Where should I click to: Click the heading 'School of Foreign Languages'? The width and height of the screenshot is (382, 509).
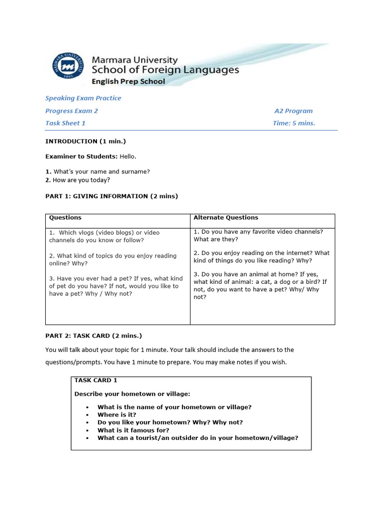point(165,70)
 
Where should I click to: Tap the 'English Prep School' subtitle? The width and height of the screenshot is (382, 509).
point(128,82)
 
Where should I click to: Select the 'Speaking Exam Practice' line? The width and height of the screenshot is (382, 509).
point(83,98)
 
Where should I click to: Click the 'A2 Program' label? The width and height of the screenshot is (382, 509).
point(293,111)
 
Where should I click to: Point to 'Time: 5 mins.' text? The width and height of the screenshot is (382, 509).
point(294,123)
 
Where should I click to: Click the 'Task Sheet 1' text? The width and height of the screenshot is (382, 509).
point(65,123)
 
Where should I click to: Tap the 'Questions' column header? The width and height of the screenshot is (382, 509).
point(65,218)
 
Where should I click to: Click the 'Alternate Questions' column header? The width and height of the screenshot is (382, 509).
point(226,218)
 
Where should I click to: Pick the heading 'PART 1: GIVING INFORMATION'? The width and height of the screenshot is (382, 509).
point(111,196)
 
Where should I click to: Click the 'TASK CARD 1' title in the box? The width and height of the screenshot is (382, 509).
point(96,380)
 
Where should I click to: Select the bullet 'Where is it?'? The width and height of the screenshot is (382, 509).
point(117,415)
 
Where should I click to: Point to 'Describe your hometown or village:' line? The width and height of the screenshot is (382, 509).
point(132,394)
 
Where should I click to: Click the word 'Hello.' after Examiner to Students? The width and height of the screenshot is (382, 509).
point(128,157)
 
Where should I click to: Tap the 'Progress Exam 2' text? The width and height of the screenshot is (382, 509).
point(72,111)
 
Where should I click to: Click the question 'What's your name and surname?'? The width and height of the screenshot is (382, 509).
point(97,171)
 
